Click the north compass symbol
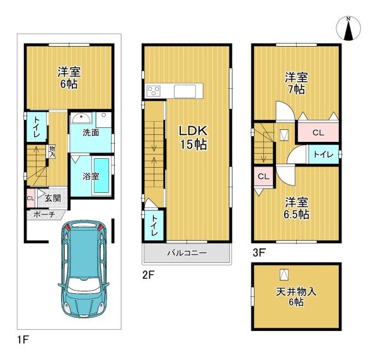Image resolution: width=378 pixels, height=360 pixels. pos(348,28)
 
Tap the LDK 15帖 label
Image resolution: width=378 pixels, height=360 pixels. pos(193,138)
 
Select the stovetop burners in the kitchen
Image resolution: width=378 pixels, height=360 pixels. pos(153,91)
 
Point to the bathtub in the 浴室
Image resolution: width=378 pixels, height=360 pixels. pos(101,175)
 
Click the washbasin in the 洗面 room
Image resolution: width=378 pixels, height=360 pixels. pos(82,119)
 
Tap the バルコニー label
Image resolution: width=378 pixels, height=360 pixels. pos(187,253)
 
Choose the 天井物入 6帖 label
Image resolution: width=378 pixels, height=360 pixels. pos(296,297)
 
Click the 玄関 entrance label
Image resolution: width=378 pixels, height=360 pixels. pos(53,199)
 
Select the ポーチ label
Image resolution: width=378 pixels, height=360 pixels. pos(44,214)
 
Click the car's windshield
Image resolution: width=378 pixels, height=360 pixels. pos(83,286)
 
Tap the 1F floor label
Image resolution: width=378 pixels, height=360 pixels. pos(23,340)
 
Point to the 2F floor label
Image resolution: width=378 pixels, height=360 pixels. pos(148,275)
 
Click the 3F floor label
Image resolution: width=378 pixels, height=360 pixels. pos(259,253)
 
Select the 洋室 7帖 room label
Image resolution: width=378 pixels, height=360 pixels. pos(296,83)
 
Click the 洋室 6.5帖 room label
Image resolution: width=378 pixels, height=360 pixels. pos(296,208)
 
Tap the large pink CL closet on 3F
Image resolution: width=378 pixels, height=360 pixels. pos(318,132)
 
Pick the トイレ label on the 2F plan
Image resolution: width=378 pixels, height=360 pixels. pos(154,226)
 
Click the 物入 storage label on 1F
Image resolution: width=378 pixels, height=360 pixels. pos(52,152)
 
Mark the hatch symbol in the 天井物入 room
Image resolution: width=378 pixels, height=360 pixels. pos(284,274)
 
